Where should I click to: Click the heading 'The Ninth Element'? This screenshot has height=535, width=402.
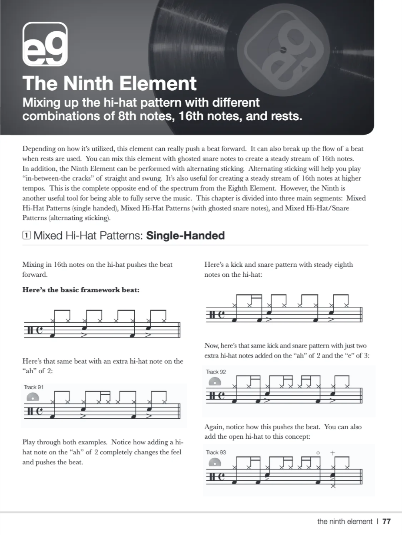tap(110, 83)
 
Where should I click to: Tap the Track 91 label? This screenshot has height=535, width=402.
tap(33, 387)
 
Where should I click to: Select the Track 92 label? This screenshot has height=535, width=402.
tap(216, 372)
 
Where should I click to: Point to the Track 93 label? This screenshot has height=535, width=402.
tap(216, 452)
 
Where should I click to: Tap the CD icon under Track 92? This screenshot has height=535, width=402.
tap(215, 382)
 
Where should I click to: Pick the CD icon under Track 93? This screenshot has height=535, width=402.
tap(215, 463)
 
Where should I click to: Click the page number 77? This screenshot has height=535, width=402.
tap(387, 522)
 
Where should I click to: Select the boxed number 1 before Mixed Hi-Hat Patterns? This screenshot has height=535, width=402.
tap(27, 236)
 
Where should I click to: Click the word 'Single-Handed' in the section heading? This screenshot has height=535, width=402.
tap(186, 236)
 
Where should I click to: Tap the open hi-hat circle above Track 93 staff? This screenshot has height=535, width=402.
tap(318, 453)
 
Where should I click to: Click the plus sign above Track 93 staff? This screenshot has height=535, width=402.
tap(333, 453)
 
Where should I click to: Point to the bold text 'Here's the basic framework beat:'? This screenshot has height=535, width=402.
tap(81, 290)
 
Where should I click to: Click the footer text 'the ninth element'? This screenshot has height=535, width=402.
tap(345, 522)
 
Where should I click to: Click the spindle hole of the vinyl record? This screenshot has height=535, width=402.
tap(283, 50)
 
